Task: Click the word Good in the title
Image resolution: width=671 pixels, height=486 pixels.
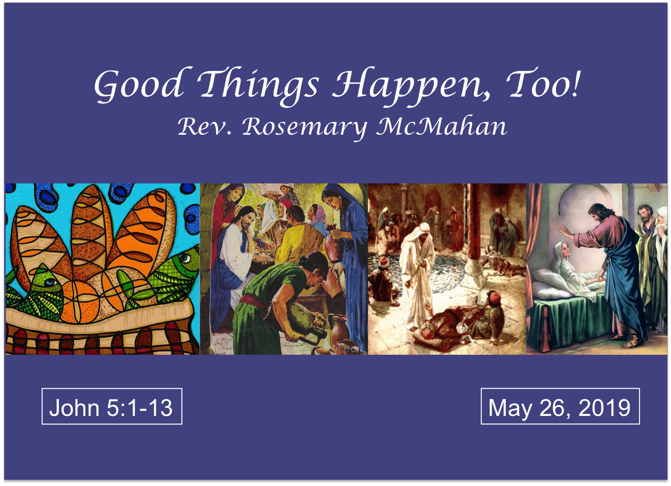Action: [x=139, y=85]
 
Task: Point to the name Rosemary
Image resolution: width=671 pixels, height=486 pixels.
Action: [x=304, y=127]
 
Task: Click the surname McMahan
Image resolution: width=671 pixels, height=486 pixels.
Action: [x=441, y=126]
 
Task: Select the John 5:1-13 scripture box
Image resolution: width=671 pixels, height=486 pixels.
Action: [x=112, y=406]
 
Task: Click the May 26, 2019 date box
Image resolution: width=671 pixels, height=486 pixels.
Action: [x=560, y=406]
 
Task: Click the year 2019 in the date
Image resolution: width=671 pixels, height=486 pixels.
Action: [x=605, y=407]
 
